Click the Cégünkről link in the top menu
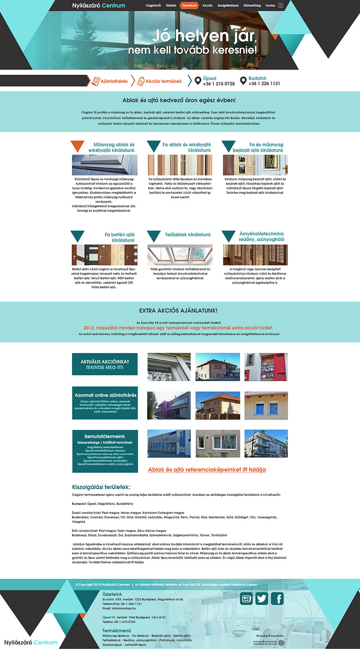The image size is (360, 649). [154, 5]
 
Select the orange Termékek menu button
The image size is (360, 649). [189, 5]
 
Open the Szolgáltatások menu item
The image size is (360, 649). [228, 5]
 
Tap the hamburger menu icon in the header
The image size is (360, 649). [281, 5]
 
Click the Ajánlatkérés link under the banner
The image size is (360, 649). [110, 81]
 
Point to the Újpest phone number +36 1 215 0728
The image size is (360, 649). [219, 84]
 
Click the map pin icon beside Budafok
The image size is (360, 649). [243, 81]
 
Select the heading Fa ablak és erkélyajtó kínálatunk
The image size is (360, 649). [186, 147]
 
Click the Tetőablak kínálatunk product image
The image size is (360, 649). [180, 254]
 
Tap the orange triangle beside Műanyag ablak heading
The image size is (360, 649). [77, 145]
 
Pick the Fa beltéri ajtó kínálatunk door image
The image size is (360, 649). [104, 254]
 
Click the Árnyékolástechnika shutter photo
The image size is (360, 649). [255, 254]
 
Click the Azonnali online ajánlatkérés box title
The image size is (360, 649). [105, 395]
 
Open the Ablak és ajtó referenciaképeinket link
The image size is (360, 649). [207, 469]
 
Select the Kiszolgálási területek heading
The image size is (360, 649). [101, 487]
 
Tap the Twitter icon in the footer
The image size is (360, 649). [261, 598]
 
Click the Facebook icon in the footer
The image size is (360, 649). [277, 598]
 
